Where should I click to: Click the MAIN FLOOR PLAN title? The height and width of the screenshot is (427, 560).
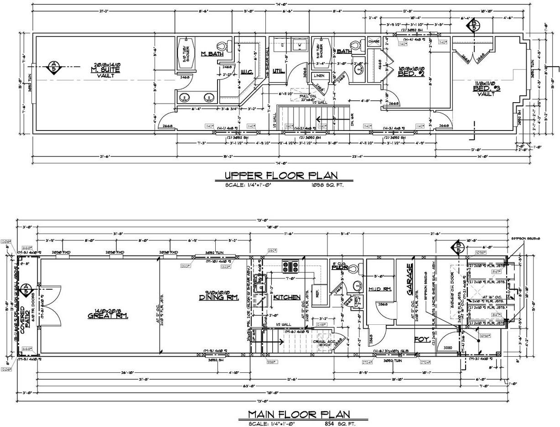click(299, 414)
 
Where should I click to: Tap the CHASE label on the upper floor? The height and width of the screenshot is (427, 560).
click(374, 42)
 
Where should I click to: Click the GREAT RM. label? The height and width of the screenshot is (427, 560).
click(108, 314)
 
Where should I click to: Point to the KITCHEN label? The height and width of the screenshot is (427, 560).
click(287, 297)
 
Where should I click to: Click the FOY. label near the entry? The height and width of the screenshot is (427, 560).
click(421, 339)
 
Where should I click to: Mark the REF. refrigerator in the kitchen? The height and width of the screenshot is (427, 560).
click(315, 294)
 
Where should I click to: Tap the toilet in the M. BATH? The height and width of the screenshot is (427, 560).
click(223, 46)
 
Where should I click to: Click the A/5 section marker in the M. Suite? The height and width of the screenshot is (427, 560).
click(54, 67)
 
